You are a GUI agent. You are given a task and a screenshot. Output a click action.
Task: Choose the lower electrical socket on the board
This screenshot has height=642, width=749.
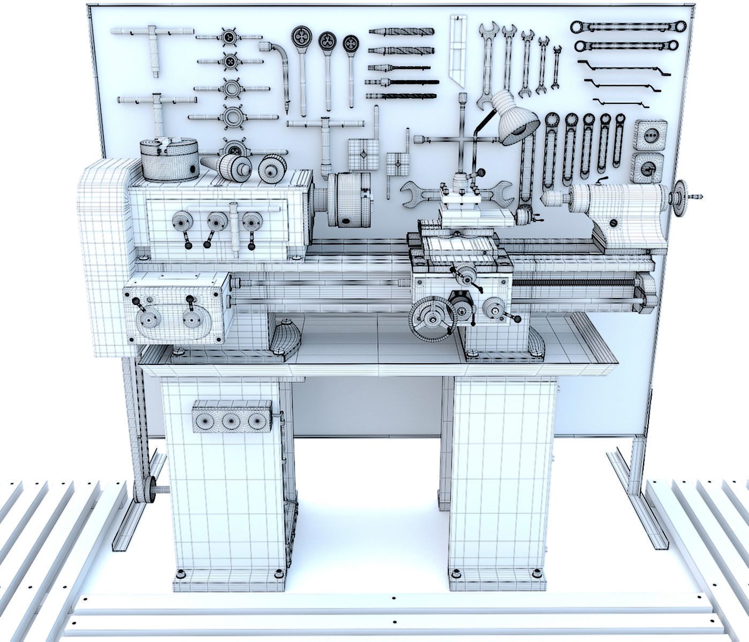[x=648, y=168]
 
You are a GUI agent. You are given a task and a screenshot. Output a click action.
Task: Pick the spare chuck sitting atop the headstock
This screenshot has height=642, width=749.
[x=169, y=159]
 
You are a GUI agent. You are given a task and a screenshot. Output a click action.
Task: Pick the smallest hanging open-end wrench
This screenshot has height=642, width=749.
[x=556, y=67]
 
